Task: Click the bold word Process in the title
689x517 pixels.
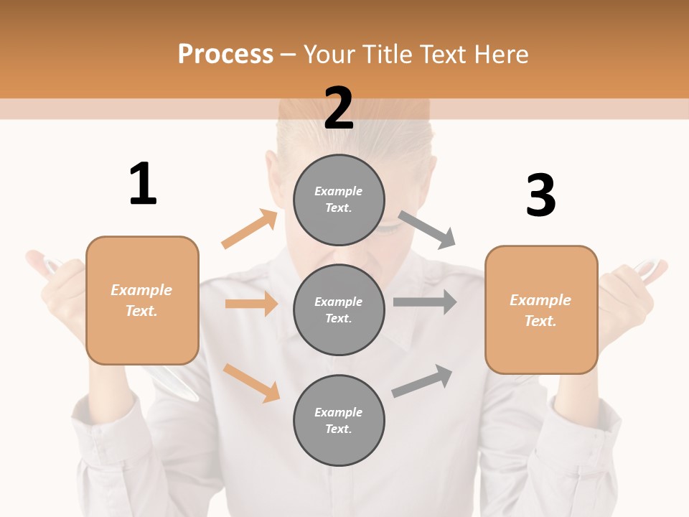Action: pyautogui.click(x=225, y=54)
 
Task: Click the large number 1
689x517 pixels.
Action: pyautogui.click(x=143, y=184)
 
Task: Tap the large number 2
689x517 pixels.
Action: pyautogui.click(x=339, y=108)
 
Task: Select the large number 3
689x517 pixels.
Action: pyautogui.click(x=540, y=195)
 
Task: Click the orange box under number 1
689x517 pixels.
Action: pyautogui.click(x=142, y=300)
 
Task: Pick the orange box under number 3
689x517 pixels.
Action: pyautogui.click(x=541, y=309)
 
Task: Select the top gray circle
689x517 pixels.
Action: pyautogui.click(x=339, y=200)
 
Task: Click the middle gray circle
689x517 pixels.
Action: pyautogui.click(x=339, y=309)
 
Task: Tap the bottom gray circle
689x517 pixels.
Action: pyautogui.click(x=339, y=420)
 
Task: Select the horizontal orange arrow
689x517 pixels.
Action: pyautogui.click(x=251, y=304)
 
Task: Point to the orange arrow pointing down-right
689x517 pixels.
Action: pyautogui.click(x=251, y=383)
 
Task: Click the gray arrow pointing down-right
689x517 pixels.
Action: pyautogui.click(x=427, y=229)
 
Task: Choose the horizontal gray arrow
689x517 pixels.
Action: pyautogui.click(x=424, y=302)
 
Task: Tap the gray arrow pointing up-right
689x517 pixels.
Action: pyautogui.click(x=422, y=381)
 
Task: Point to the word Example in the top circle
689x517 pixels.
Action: pyautogui.click(x=338, y=191)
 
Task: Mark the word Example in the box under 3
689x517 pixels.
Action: pyautogui.click(x=540, y=300)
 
